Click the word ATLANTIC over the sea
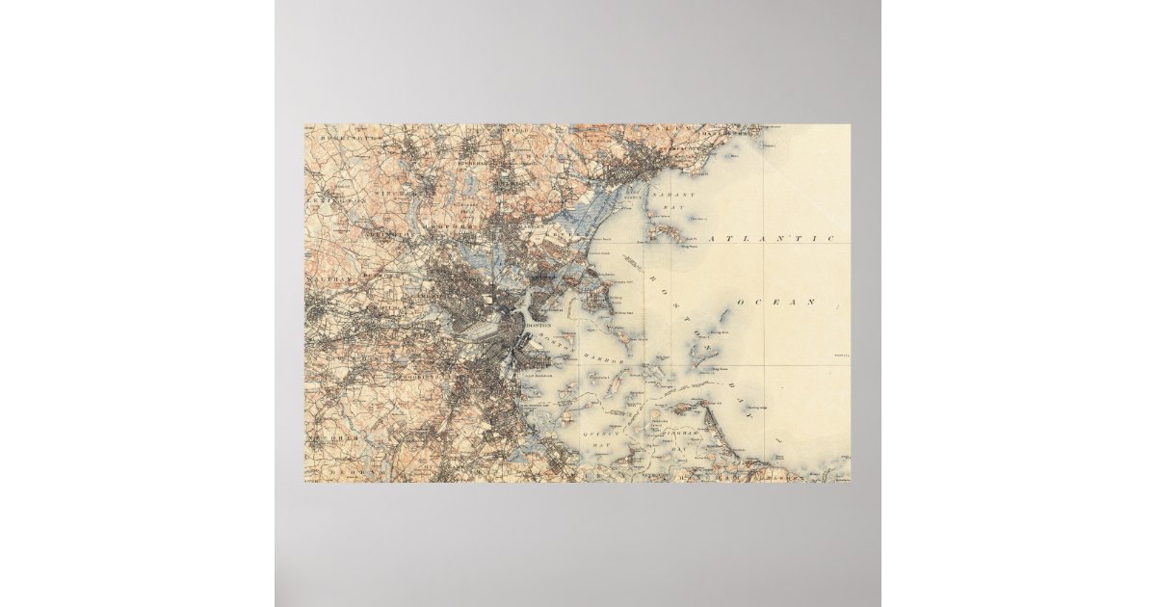(771, 237)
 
